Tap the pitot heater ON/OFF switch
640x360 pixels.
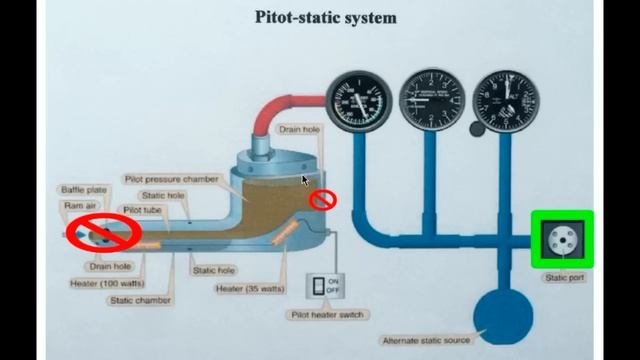point(319,285)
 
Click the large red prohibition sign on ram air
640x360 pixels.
point(103,232)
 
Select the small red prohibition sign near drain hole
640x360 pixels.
point(322,200)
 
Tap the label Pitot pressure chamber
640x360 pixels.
point(171,178)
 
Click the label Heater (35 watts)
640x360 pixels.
point(250,289)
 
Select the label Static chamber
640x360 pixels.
point(140,300)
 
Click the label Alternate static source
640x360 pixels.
point(426,340)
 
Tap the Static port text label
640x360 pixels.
point(562,278)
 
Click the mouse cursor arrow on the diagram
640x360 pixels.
point(305,181)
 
